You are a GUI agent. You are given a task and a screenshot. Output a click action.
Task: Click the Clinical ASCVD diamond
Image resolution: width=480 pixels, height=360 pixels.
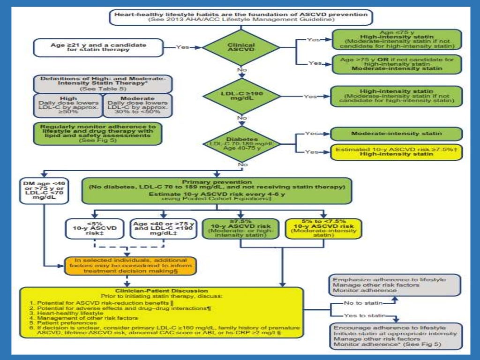(x=241, y=47)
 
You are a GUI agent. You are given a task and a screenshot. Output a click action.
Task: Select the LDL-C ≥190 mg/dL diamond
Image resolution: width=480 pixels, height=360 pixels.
(x=241, y=96)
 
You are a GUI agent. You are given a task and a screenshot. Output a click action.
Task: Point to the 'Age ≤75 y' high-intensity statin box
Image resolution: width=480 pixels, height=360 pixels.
(x=397, y=39)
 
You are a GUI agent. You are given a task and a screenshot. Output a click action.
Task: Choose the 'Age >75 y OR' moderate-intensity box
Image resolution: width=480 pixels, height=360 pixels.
(x=397, y=63)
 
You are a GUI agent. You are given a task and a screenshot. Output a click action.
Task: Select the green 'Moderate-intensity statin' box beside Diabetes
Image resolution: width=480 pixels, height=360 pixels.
(x=397, y=134)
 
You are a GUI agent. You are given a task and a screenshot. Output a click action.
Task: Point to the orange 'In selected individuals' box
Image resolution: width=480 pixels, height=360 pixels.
(x=130, y=265)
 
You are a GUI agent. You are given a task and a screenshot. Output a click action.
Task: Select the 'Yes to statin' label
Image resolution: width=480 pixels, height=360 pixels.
(x=361, y=315)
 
